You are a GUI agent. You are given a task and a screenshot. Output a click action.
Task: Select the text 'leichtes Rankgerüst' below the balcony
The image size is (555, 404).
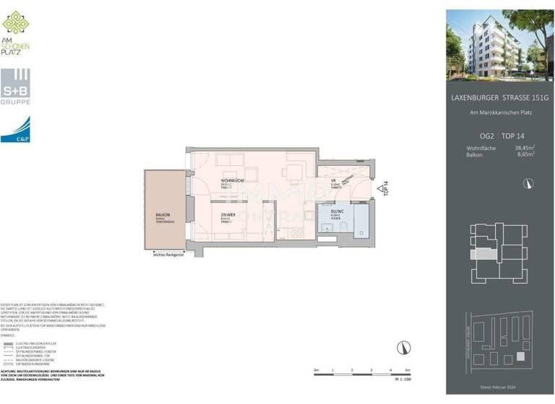click(167, 254)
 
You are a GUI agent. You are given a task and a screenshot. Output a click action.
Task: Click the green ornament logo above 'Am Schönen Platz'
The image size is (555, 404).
click(16, 23)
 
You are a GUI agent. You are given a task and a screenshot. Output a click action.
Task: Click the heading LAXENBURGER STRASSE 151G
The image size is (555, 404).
click(492, 98)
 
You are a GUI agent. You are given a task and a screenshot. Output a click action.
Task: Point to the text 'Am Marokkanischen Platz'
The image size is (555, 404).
click(492, 113)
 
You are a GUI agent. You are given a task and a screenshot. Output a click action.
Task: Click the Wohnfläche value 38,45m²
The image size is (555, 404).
click(524, 148)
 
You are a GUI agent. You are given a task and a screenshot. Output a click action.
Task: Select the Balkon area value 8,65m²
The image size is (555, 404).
click(525, 154)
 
